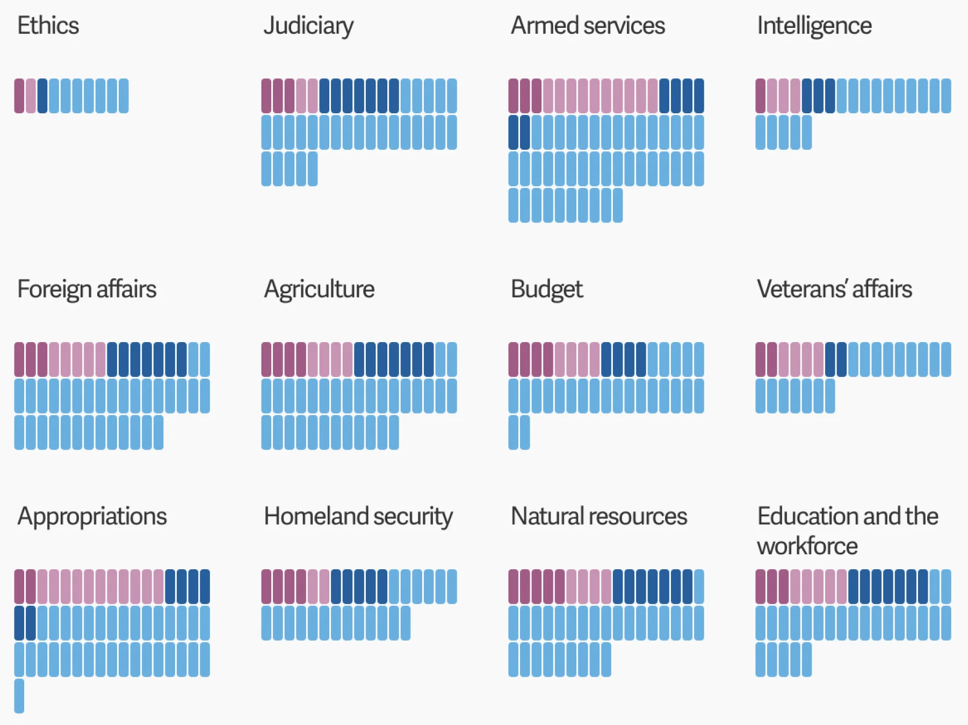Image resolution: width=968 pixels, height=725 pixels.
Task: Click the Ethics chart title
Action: click(48, 25)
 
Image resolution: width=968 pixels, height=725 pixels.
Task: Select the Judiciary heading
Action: click(308, 26)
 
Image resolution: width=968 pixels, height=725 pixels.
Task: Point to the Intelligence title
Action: click(814, 26)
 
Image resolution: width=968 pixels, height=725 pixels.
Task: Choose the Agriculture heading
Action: click(319, 289)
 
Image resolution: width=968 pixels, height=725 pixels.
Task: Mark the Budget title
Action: click(546, 289)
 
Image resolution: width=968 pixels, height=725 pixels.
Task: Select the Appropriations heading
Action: click(92, 517)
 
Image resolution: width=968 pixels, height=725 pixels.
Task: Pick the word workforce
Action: click(807, 546)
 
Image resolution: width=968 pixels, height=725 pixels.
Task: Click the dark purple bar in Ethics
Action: click(19, 96)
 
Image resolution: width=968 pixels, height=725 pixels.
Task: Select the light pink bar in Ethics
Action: click(31, 96)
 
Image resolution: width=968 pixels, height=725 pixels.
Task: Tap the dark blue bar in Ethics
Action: click(42, 96)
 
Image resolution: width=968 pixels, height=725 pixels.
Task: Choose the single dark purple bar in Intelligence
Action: click(761, 96)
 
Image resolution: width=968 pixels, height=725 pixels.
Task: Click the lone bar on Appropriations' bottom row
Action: click(19, 695)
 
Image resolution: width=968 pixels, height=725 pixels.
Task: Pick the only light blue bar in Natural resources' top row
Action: click(699, 586)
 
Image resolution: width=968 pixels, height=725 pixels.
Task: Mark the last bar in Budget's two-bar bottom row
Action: click(525, 432)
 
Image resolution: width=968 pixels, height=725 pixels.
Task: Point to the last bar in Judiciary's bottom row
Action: click(313, 169)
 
